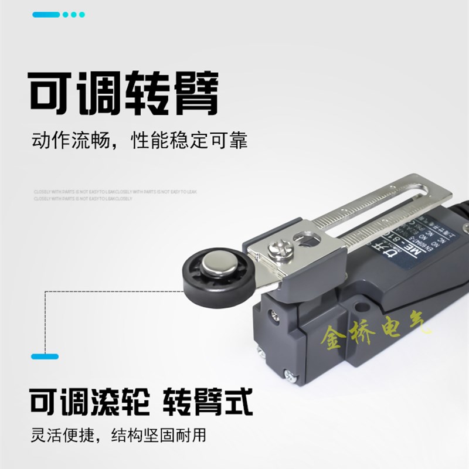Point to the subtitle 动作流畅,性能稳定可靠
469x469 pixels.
point(139,141)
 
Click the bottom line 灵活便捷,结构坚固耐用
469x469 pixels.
point(118,437)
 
